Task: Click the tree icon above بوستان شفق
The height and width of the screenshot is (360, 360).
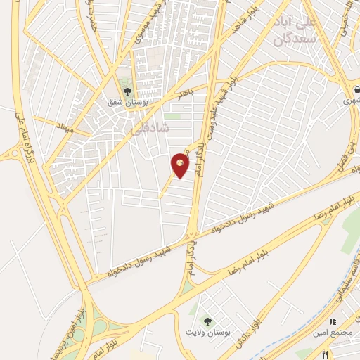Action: pyautogui.click(x=127, y=91)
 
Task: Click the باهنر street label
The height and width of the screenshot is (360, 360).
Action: pyautogui.click(x=185, y=94)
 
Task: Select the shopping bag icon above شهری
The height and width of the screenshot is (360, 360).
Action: pyautogui.click(x=358, y=89)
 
